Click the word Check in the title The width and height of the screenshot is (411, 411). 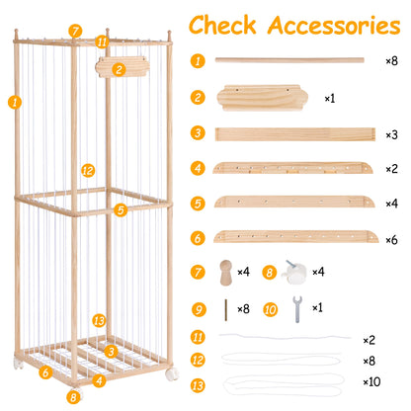tap(222, 25)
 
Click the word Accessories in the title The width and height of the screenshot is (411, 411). tap(334, 26)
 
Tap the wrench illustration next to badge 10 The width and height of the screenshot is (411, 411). tap(297, 309)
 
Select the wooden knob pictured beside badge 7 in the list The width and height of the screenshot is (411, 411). tap(225, 273)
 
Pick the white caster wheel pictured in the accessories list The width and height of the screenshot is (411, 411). tap(294, 272)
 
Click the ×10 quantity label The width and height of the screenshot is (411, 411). tap(371, 381)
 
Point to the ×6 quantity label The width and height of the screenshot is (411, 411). tap(391, 240)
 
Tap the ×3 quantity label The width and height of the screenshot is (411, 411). tap(391, 134)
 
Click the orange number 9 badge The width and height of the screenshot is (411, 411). tap(199, 309)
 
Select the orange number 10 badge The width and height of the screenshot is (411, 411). tap(271, 309)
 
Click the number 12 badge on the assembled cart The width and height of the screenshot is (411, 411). tap(88, 171)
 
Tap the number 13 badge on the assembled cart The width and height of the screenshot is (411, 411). tap(99, 320)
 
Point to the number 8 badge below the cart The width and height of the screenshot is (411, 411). tap(73, 397)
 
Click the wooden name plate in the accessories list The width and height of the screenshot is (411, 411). tap(263, 98)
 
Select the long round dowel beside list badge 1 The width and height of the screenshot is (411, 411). tap(289, 60)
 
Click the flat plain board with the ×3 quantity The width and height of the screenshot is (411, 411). tap(295, 134)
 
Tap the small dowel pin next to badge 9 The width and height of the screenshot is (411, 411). tap(226, 310)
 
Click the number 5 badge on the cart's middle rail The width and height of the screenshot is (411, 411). tap(121, 209)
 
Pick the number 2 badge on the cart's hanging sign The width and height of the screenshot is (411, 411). tap(119, 69)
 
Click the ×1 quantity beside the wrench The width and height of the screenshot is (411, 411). tap(317, 307)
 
